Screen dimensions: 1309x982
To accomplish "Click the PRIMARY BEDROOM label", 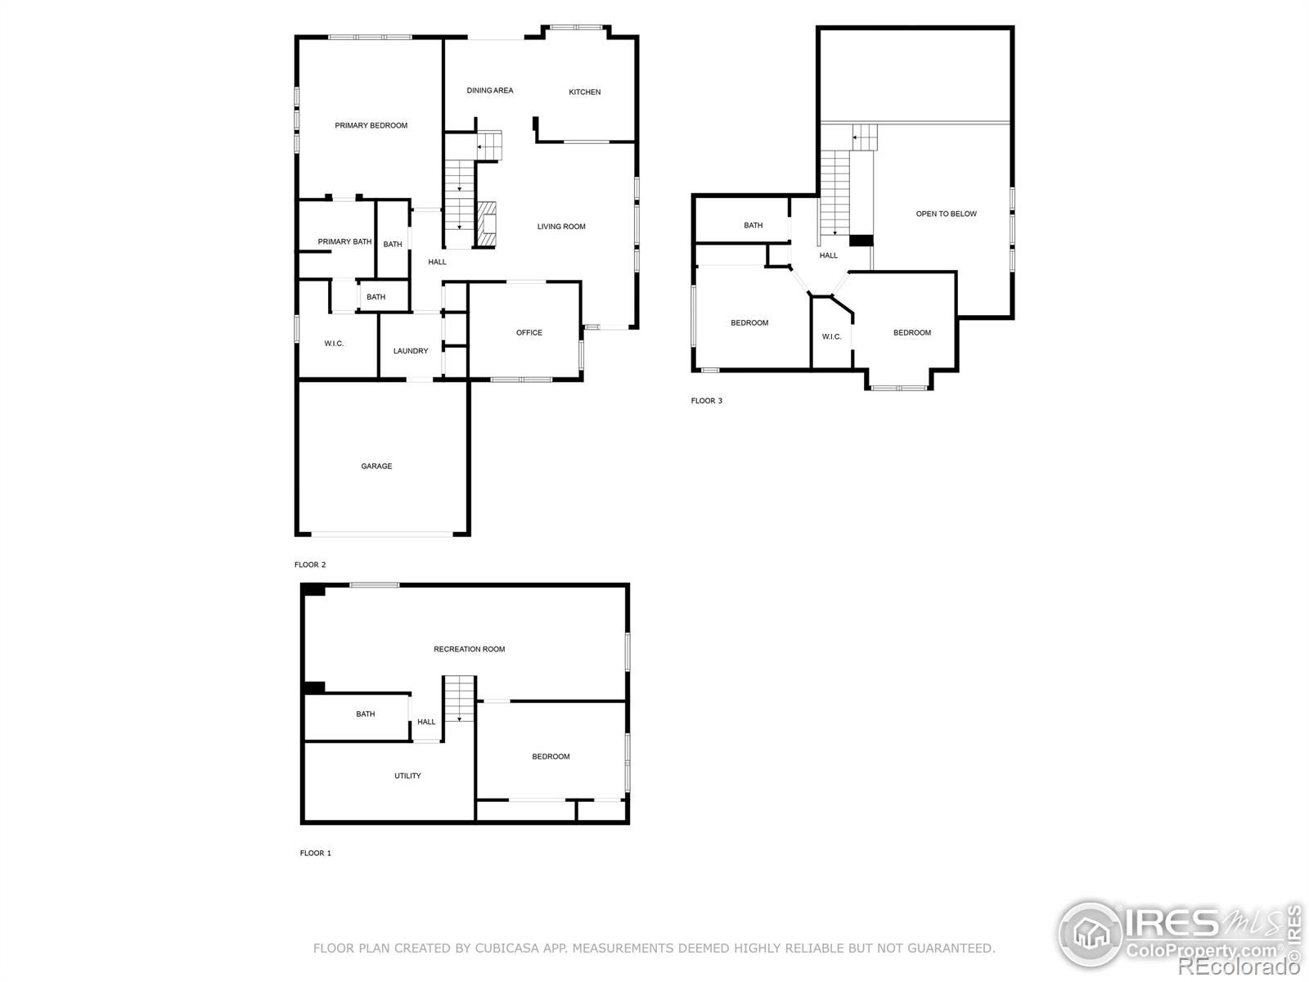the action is click(371, 125).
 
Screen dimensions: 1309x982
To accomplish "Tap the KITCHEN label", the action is click(584, 92).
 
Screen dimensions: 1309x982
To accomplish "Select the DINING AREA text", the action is click(489, 91).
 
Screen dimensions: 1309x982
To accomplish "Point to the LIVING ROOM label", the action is click(561, 227).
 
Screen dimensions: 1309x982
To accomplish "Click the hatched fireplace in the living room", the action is click(487, 224).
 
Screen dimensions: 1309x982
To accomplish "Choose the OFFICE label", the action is click(529, 333).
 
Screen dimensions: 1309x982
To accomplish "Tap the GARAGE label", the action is click(376, 466).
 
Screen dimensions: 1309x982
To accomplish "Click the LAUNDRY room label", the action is click(411, 351).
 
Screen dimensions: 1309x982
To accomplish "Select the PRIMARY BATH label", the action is click(344, 241).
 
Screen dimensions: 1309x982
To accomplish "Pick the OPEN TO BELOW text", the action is click(947, 214).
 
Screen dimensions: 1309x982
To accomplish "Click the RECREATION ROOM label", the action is click(470, 649).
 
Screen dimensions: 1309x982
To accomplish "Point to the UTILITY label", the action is click(408, 776).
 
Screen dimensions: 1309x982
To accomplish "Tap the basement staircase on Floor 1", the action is click(459, 698).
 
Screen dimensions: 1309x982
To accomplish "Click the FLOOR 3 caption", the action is click(707, 401).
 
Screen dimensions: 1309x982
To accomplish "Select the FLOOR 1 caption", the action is click(316, 854).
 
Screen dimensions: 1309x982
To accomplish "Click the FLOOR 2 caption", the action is click(310, 565).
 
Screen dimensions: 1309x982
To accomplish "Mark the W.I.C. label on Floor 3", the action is click(831, 337).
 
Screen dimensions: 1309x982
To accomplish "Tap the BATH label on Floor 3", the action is click(753, 225).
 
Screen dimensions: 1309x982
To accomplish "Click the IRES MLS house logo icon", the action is click(1091, 934).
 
